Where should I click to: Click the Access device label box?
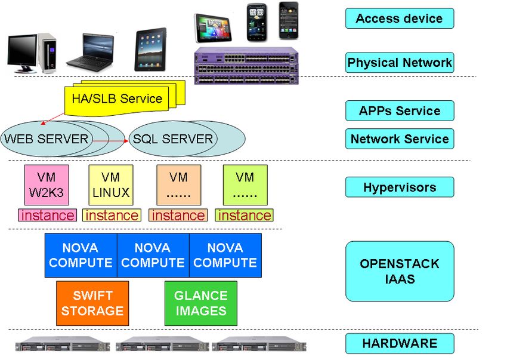tap(400, 19)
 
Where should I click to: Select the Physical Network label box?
tap(400, 63)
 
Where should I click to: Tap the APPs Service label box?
tap(400, 110)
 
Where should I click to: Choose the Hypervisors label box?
tap(400, 187)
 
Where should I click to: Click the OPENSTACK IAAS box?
tap(400, 271)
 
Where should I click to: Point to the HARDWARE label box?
tap(400, 343)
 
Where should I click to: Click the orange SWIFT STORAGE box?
tap(92, 303)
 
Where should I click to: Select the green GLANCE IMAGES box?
tap(201, 303)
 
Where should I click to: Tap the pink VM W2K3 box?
tap(47, 185)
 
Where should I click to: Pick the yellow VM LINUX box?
tap(111, 185)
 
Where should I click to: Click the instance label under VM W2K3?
tap(48, 216)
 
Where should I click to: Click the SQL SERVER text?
tap(173, 139)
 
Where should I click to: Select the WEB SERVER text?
tap(47, 139)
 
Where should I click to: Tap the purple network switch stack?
tap(246, 66)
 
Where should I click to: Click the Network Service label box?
tap(400, 139)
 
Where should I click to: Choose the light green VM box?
tap(245, 185)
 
